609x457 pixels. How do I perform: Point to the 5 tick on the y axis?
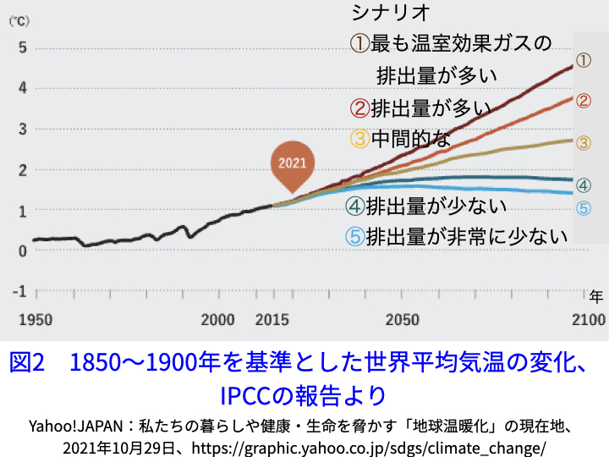24,47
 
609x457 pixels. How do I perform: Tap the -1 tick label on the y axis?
22,291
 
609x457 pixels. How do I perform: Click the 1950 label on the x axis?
36,321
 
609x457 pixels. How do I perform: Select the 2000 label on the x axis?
218,321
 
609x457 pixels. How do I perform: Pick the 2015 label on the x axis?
272,321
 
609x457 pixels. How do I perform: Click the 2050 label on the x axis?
403,321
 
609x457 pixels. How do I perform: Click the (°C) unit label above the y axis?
19,23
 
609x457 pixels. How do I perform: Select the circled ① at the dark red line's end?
583,60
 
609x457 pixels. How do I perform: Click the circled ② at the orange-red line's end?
583,101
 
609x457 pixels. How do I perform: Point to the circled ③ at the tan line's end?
583,142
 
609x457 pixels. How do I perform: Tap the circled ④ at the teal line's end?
583,185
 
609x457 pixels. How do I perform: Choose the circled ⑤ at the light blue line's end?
583,208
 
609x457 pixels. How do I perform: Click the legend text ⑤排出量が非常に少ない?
457,238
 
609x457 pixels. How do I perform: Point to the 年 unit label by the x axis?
595,297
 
